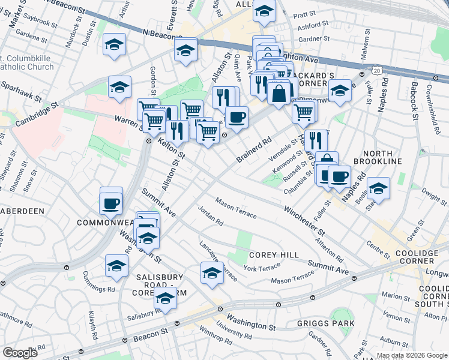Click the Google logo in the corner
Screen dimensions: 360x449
pyautogui.click(x=20, y=353)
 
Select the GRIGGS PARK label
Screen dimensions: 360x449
pyautogui.click(x=325, y=323)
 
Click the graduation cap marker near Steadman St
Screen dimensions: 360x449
pyautogui.click(x=378, y=188)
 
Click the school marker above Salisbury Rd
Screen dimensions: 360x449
pyautogui.click(x=165, y=297)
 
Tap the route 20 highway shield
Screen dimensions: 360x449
pyautogui.click(x=376, y=70)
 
